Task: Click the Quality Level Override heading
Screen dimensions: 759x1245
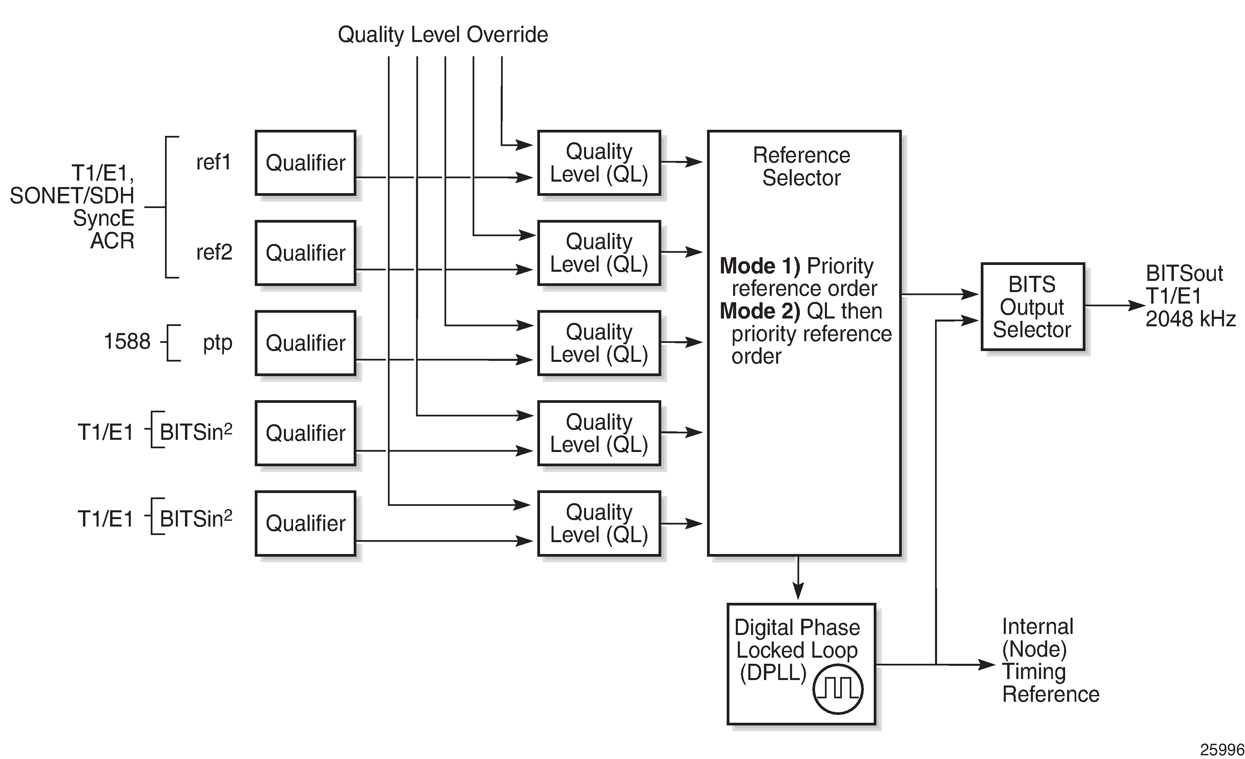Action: pos(443,34)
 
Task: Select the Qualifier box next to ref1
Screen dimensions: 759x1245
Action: pos(306,163)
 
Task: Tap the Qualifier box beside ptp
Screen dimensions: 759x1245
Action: pos(306,343)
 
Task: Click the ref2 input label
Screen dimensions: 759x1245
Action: pos(214,252)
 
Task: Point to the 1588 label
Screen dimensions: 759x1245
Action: pos(127,342)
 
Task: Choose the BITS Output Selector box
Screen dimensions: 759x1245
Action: pos(1032,307)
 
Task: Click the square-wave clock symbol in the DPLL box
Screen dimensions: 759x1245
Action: pos(838,688)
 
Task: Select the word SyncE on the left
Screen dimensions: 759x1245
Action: pos(104,218)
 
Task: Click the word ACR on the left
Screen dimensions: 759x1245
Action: pos(112,241)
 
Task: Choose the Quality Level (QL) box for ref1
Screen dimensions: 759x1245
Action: pos(599,163)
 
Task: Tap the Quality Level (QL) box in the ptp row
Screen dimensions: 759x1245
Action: pos(599,343)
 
